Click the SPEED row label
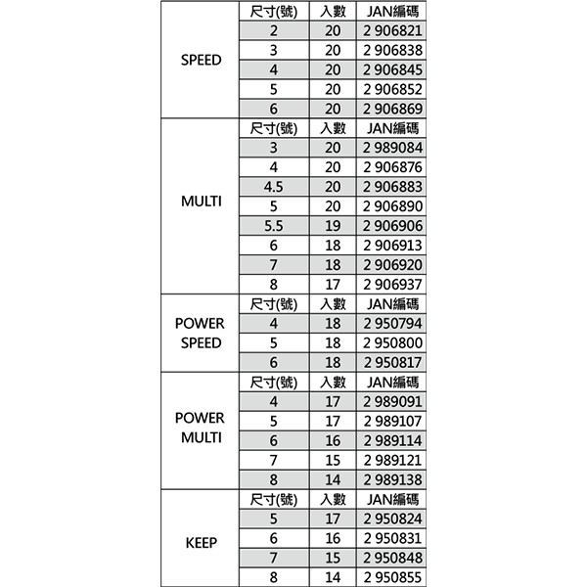[202, 60]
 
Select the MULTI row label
[202, 203]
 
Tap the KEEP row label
[202, 541]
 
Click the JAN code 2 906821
[391, 31]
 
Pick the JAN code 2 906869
[391, 109]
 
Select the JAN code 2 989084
[391, 148]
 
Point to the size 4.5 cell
[274, 186]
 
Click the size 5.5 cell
[274, 225]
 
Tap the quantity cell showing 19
[333, 225]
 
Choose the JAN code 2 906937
[391, 284]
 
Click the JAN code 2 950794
[391, 323]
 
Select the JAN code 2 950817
[391, 362]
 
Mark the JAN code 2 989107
[391, 421]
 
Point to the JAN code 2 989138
[391, 479]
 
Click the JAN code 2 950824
[391, 519]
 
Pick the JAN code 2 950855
[391, 577]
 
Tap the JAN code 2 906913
[391, 245]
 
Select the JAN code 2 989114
[391, 440]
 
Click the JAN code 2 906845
[391, 69]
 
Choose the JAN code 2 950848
[391, 558]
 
